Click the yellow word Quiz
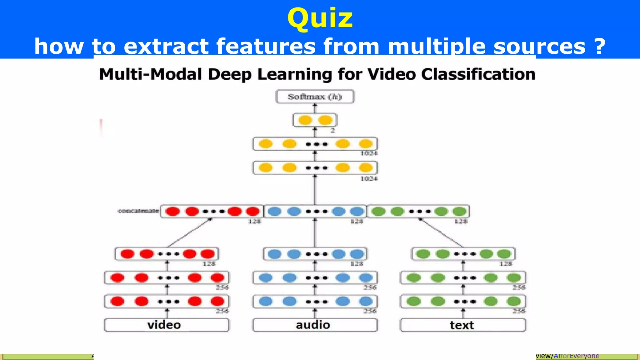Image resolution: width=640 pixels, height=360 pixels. [x=320, y=18]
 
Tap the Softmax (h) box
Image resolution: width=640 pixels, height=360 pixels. [x=315, y=97]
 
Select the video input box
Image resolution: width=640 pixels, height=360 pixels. [x=166, y=325]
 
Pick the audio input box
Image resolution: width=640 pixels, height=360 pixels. [x=315, y=325]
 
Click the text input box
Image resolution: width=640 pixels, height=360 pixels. [x=462, y=325]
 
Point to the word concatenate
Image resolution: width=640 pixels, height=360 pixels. [x=138, y=211]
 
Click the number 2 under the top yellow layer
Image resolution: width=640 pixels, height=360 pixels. [x=333, y=131]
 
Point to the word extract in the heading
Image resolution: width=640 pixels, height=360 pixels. [x=166, y=46]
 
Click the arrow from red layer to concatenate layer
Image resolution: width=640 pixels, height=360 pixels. [x=190, y=233]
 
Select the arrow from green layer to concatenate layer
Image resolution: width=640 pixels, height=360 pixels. [x=441, y=233]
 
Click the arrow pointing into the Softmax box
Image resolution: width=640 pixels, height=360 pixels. [x=315, y=108]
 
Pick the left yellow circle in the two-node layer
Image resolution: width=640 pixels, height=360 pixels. [x=305, y=120]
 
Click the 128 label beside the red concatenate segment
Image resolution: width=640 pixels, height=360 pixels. [x=254, y=222]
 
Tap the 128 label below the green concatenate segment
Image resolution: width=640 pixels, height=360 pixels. [x=461, y=222]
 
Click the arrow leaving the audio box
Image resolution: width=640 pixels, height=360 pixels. [x=315, y=313]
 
